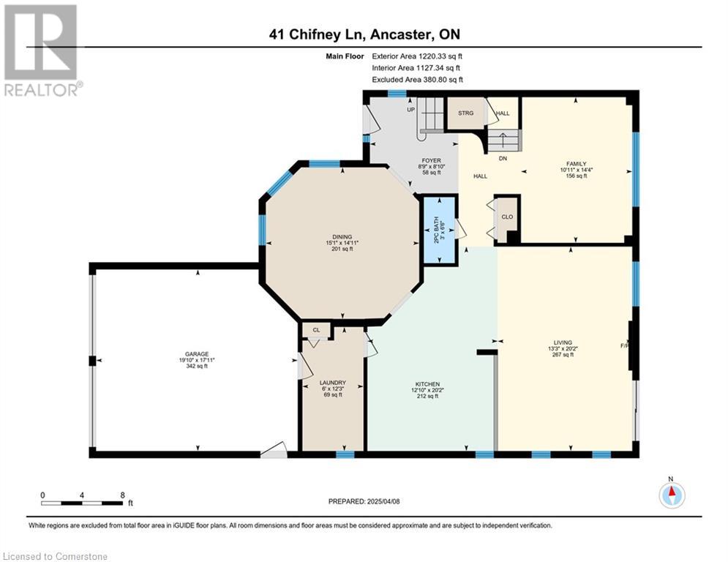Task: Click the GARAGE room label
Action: tap(197, 354)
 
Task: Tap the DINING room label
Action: tap(342, 237)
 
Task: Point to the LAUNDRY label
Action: tap(333, 383)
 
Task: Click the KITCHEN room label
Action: tap(427, 384)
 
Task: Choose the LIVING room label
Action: tap(563, 342)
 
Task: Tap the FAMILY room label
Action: tap(576, 163)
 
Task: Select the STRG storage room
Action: tap(465, 113)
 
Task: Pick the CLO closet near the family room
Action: tap(507, 217)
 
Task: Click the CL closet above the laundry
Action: tap(316, 330)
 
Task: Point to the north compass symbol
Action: tap(672, 494)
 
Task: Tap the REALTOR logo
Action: tap(41, 50)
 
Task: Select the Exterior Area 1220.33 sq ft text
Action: tap(417, 56)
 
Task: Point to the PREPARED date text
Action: tap(364, 501)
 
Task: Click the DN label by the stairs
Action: tap(503, 158)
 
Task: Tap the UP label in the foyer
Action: tap(411, 110)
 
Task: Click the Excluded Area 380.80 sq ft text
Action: tap(417, 80)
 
